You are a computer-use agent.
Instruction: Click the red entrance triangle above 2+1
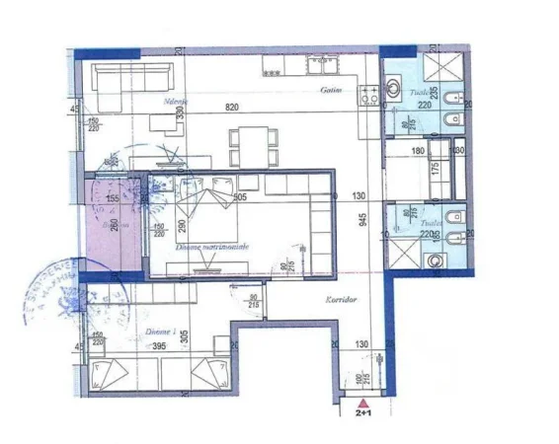pos(365,405)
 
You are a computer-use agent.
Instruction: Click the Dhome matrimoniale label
pos(211,246)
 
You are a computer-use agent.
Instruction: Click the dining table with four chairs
pos(249,145)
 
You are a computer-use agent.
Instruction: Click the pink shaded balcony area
pos(110,226)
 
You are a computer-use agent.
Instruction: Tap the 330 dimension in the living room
pos(180,113)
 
